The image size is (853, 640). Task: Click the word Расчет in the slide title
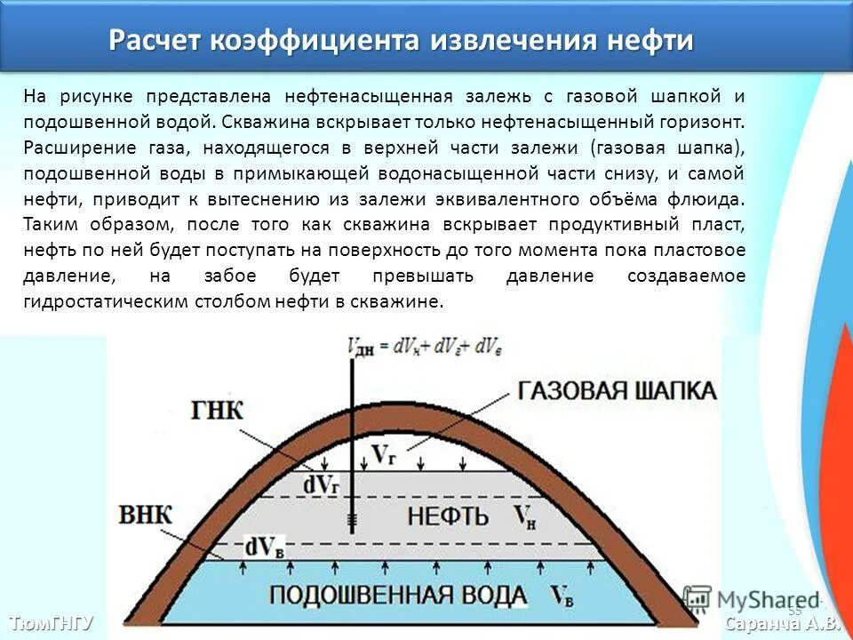tap(155, 41)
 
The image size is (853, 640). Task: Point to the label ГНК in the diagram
tap(217, 412)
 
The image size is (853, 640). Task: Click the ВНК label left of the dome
tap(145, 515)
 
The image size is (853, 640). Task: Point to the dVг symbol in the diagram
tap(321, 484)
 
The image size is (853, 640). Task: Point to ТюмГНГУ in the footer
tap(51, 622)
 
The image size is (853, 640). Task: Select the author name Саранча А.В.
tap(782, 623)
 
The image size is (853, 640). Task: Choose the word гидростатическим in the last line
tap(99, 301)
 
